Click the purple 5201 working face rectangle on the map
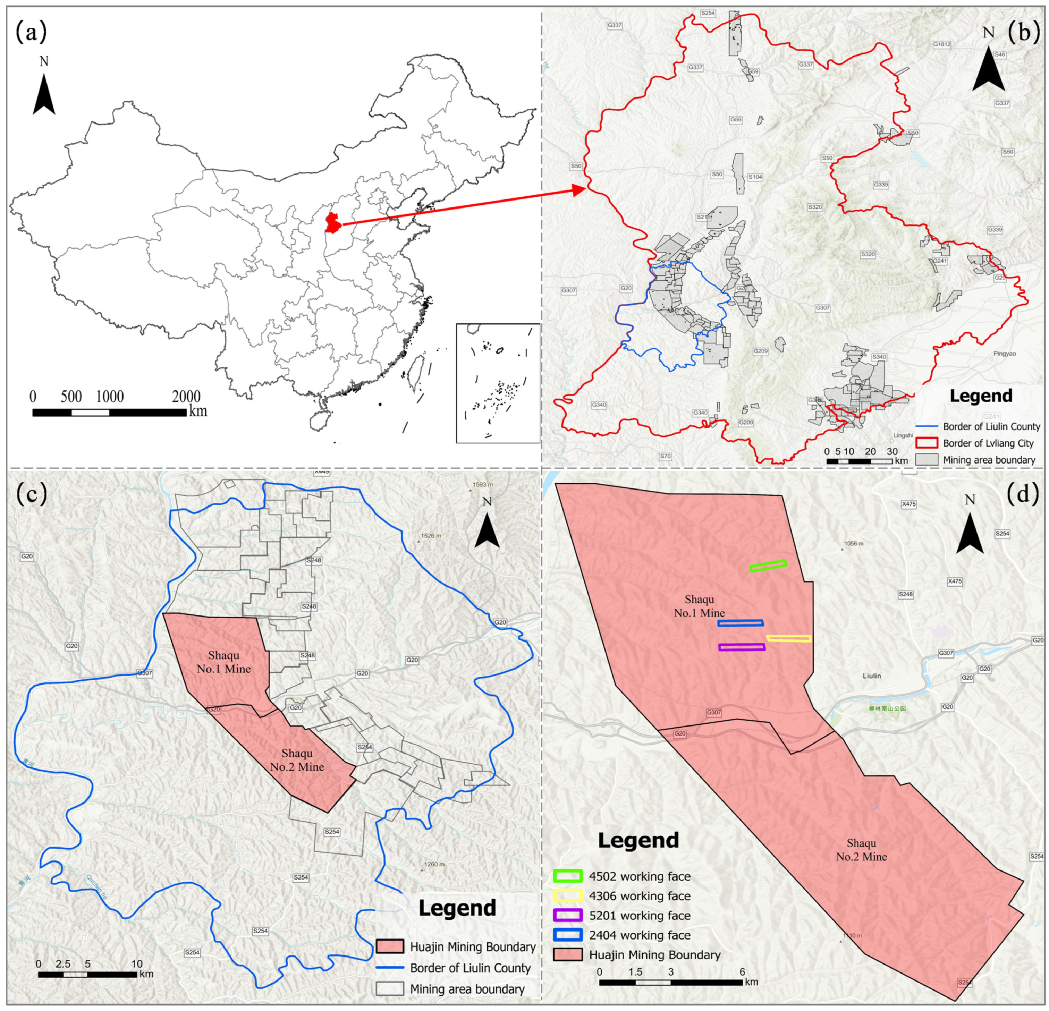click(x=742, y=647)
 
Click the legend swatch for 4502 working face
click(x=568, y=876)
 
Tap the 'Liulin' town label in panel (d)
click(x=872, y=676)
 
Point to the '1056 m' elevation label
click(x=853, y=544)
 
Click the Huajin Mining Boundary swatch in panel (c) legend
click(x=390, y=947)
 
